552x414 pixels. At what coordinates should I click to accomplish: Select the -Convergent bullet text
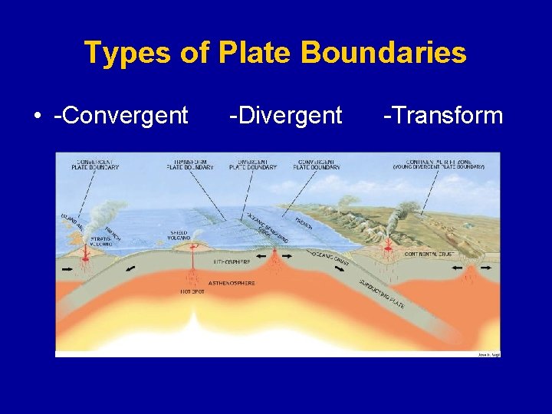click(121, 116)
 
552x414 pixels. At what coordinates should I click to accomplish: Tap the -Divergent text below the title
click(285, 116)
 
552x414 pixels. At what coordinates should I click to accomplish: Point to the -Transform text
click(443, 116)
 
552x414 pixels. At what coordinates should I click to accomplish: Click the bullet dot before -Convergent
click(37, 117)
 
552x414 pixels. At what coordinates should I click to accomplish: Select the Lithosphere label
click(229, 261)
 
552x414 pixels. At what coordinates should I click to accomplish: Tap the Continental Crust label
click(430, 254)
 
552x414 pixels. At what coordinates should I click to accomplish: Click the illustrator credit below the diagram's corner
click(488, 354)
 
